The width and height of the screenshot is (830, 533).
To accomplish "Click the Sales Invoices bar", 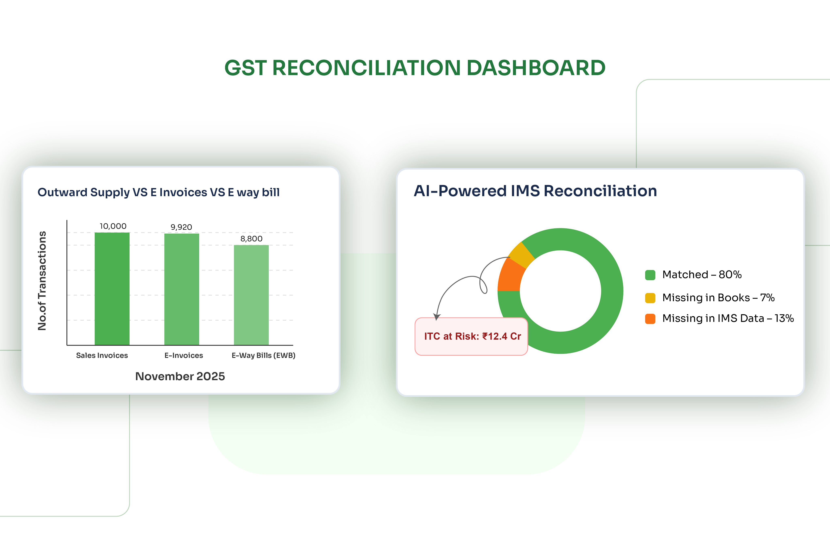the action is pyautogui.click(x=112, y=289).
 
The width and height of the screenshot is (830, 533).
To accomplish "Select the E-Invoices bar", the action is pyautogui.click(x=182, y=289).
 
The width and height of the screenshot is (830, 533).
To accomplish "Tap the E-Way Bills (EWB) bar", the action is pyautogui.click(x=251, y=295).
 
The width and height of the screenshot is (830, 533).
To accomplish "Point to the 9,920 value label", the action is pyautogui.click(x=181, y=227).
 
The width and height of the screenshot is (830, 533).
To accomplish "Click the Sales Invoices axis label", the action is pyautogui.click(x=102, y=355).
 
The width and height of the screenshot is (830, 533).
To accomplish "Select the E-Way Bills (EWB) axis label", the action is pyautogui.click(x=263, y=355).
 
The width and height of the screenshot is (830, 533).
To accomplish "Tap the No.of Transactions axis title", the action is pyautogui.click(x=42, y=281).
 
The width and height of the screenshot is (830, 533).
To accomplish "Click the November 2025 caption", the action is pyautogui.click(x=180, y=376).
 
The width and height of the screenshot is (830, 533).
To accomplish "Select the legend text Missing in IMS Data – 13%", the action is pyautogui.click(x=728, y=318).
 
